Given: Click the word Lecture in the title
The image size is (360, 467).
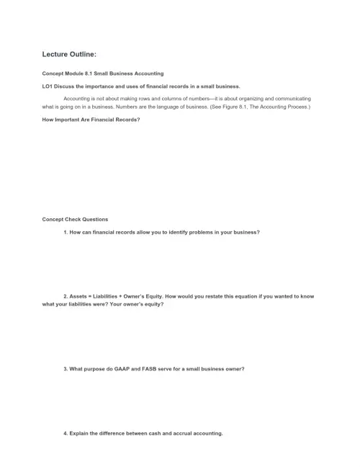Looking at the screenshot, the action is point(58,54).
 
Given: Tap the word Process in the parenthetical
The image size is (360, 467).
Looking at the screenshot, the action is point(297,107).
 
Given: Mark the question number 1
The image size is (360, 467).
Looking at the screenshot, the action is point(66,232).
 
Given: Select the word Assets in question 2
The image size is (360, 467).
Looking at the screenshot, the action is point(79,295).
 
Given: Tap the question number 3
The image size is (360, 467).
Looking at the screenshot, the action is point(66,369).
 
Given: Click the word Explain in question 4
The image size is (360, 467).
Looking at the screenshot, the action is point(81,433).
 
